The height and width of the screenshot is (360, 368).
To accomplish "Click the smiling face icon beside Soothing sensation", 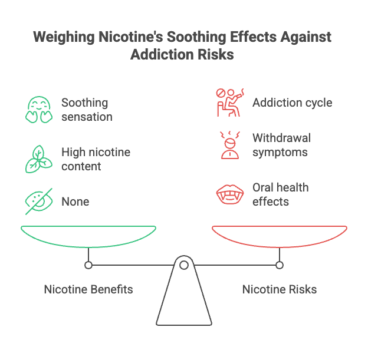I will [x=38, y=110].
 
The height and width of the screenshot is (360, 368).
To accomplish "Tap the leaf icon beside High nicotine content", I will [x=38, y=158].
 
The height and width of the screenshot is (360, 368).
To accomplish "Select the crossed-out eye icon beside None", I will [x=38, y=201].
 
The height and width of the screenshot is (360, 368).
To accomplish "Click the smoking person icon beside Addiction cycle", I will [x=229, y=102].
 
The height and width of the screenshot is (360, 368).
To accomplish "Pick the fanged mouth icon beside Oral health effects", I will [x=229, y=194].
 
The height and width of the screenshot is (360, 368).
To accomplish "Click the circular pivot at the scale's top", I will [x=184, y=266].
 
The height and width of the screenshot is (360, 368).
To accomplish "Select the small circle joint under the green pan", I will [x=88, y=265].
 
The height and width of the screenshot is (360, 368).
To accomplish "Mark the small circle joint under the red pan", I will [x=280, y=265].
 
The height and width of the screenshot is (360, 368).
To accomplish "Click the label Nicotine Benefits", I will [x=88, y=289].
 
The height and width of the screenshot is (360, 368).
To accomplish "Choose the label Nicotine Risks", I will [x=280, y=289].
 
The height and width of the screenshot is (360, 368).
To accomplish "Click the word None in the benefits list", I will [x=75, y=202].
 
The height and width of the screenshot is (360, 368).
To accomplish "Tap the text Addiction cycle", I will [x=292, y=103].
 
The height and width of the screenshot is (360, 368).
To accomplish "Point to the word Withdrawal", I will [x=281, y=138].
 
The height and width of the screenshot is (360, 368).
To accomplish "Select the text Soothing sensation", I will [x=87, y=109].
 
